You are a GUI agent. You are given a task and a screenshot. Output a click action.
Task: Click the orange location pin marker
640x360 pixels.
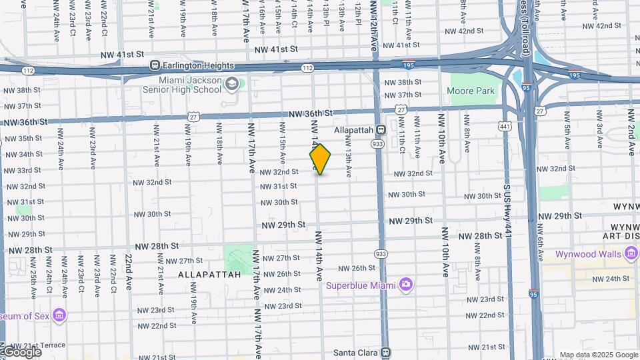coord(321,159)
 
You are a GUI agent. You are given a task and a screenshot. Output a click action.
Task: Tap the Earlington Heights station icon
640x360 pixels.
coord(155,65)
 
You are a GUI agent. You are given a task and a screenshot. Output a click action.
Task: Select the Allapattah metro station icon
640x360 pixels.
coord(381,130)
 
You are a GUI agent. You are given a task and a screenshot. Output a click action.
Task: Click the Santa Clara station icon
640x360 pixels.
coord(385,353)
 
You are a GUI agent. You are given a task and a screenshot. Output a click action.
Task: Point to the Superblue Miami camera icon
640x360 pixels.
coord(405,285)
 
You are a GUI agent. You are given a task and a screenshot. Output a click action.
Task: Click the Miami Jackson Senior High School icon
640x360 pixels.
coord(231,84)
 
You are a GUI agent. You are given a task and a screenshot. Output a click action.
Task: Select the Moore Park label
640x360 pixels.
coord(471,91)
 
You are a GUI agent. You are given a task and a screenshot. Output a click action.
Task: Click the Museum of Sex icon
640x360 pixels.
coord(60,315)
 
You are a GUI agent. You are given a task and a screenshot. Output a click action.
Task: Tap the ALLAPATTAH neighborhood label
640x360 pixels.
coord(199,274)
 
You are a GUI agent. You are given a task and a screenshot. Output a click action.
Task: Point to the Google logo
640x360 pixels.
coord(21,352)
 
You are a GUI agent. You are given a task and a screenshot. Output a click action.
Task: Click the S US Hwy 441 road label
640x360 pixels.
coord(508,207)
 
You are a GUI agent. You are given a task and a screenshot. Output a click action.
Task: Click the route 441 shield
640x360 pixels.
coord(505,125)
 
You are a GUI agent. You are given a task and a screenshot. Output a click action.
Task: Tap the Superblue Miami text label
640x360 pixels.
coord(361,285)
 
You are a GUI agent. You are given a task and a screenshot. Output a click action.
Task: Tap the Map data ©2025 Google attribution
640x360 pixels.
coord(598,355)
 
